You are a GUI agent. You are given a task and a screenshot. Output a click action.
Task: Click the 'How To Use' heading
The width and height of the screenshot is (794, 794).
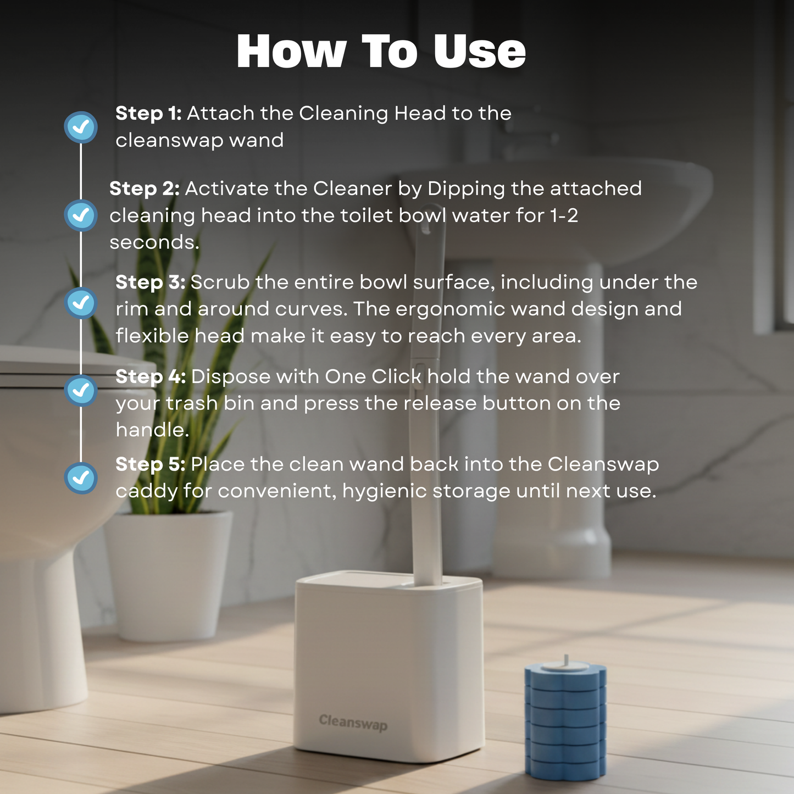(381, 52)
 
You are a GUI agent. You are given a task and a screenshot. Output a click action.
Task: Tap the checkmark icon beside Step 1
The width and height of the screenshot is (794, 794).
(81, 127)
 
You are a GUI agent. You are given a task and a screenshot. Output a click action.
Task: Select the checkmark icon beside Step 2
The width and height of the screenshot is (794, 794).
(81, 215)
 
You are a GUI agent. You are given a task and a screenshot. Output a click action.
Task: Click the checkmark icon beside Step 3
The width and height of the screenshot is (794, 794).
(81, 303)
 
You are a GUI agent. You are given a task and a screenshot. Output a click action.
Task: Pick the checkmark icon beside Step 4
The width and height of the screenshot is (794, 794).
(81, 390)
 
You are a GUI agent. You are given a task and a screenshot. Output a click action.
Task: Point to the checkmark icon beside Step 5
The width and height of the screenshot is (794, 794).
(81, 477)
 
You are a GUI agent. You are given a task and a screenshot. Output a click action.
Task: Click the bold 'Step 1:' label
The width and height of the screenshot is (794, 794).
(148, 114)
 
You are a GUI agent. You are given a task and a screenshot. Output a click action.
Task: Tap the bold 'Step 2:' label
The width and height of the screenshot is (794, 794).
(145, 189)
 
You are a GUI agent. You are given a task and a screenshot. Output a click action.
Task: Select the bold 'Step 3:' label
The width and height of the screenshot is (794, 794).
(151, 282)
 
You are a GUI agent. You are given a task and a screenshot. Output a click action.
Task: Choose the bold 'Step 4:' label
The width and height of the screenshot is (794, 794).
(151, 377)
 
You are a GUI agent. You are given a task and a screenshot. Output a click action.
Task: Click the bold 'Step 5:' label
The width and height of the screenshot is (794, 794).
(151, 464)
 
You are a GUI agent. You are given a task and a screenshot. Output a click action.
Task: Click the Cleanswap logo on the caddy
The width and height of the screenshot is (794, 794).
(353, 723)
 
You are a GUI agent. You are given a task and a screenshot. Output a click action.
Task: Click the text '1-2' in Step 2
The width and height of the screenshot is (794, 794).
(564, 216)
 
